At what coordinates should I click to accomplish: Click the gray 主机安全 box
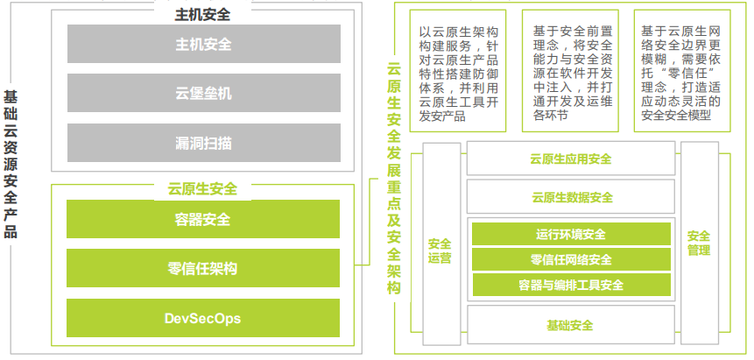click(203, 44)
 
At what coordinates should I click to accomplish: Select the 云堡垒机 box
click(203, 93)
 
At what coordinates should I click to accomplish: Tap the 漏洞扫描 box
click(203, 143)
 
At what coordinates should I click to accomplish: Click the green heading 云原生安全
click(202, 188)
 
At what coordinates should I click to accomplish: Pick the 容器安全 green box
click(203, 219)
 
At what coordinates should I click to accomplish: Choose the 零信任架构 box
click(203, 269)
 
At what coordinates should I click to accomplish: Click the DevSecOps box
click(203, 318)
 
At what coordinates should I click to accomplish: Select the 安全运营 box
click(440, 251)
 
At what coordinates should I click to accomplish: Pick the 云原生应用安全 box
click(571, 159)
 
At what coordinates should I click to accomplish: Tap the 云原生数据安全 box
click(571, 197)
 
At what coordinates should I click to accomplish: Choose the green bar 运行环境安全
click(571, 235)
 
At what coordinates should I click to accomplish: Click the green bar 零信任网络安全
click(571, 259)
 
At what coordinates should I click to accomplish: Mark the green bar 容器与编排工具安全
click(571, 285)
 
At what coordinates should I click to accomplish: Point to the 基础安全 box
click(571, 325)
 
